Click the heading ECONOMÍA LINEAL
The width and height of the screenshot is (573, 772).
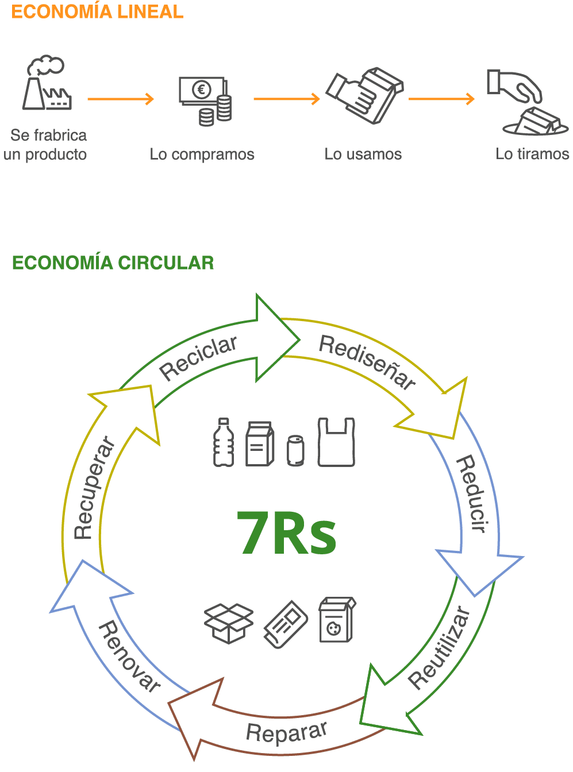tap(97, 12)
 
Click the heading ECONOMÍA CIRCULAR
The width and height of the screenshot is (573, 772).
tap(113, 263)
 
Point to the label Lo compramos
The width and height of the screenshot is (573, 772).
tap(202, 155)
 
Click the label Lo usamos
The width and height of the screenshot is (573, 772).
tap(363, 155)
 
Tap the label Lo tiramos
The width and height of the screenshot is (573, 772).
tap(532, 154)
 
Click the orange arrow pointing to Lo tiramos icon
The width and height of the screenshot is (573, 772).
tap(441, 99)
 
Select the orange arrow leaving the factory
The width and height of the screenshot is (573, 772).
tap(120, 99)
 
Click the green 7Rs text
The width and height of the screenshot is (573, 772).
tap(287, 533)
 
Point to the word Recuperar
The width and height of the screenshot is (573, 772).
tap(93, 489)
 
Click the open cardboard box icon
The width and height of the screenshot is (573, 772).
tap(229, 623)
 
